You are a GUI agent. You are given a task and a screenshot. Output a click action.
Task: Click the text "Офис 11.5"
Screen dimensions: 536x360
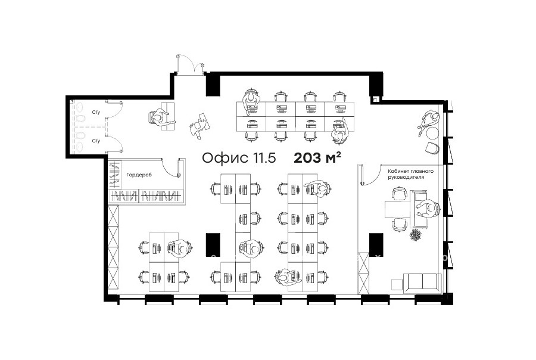click(239, 158)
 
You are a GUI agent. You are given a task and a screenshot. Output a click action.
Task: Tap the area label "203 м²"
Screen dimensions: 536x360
click(317, 157)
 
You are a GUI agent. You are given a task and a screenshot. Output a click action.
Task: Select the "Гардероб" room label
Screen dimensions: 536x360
click(139, 175)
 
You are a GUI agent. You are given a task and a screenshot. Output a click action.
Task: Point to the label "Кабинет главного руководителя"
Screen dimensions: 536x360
click(410, 174)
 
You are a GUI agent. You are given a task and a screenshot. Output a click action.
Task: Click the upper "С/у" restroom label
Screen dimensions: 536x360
click(96, 112)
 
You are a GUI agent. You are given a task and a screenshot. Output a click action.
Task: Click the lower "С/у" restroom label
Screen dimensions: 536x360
click(96, 141)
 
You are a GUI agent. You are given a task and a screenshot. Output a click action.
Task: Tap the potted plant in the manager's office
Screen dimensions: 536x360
click(416, 235)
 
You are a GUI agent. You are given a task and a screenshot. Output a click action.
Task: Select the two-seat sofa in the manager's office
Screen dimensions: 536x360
click(422, 283)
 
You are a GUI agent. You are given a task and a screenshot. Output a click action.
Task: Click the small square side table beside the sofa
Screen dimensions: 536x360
click(397, 284)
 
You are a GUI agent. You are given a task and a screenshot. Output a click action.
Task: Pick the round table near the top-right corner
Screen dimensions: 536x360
click(433, 133)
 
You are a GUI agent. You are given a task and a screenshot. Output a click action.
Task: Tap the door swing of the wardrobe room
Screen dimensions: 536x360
click(171, 167)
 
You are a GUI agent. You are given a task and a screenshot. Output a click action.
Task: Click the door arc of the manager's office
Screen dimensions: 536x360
click(370, 175)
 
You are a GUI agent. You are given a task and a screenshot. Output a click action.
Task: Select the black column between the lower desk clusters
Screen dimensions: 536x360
click(213, 244)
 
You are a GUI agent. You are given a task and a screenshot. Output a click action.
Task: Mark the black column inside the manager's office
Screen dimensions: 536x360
click(376, 244)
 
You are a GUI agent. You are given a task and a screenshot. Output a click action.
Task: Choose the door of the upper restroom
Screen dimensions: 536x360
click(115, 109)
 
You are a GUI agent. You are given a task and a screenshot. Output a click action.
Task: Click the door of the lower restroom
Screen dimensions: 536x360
click(115, 144)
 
